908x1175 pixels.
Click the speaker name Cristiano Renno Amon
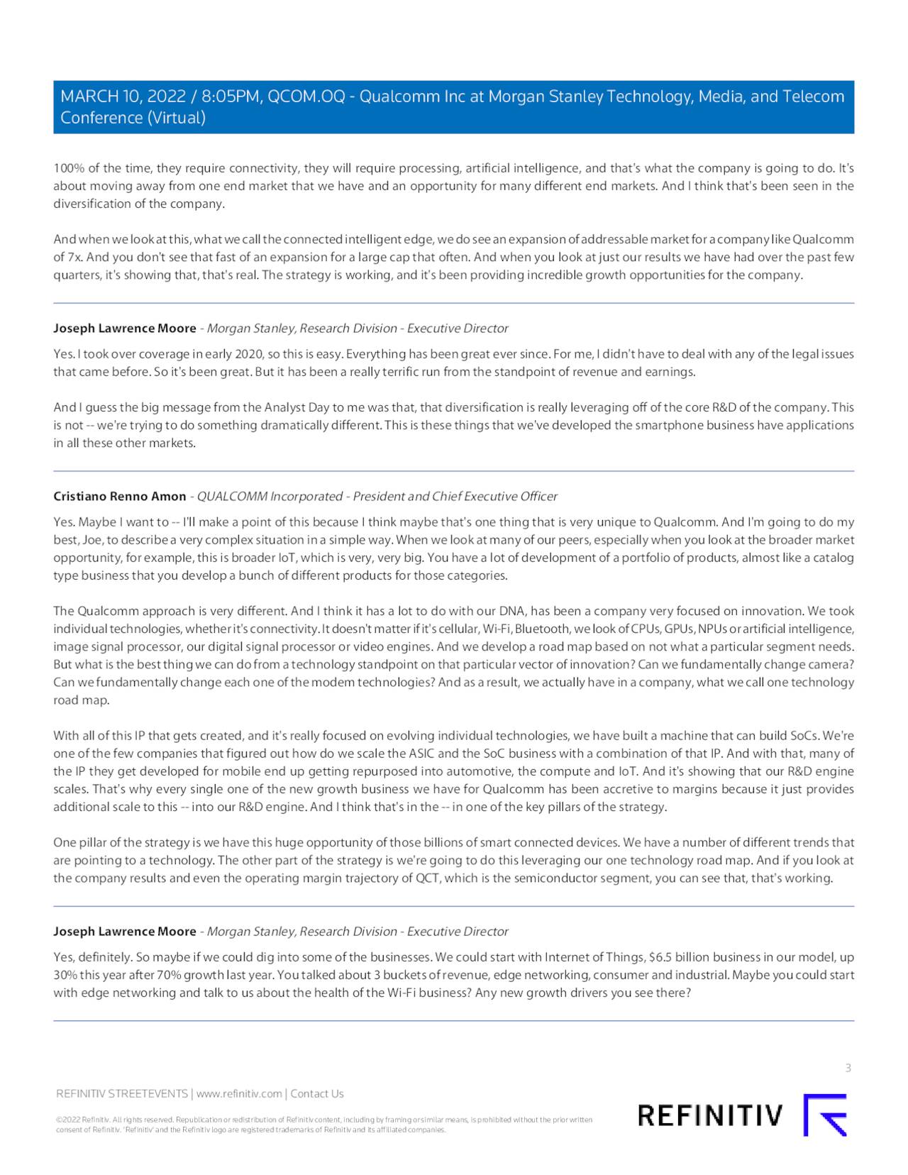click(x=119, y=496)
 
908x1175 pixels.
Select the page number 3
click(x=848, y=1068)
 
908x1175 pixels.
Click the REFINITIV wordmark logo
click(x=710, y=1115)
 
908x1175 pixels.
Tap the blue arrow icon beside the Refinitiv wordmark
click(x=825, y=1115)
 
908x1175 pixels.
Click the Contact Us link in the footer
click(x=317, y=1093)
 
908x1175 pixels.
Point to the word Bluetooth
click(x=543, y=629)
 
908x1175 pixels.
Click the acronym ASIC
click(x=423, y=754)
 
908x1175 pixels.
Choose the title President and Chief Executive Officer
click(x=455, y=496)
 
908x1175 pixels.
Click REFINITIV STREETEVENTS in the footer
click(x=121, y=1093)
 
